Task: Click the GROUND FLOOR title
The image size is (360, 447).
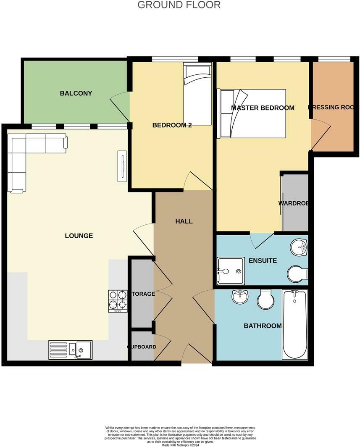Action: pyautogui.click(x=179, y=5)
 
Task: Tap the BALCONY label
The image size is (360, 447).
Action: pyautogui.click(x=76, y=93)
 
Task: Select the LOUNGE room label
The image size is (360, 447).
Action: pyautogui.click(x=79, y=236)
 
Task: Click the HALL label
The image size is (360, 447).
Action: pyautogui.click(x=184, y=221)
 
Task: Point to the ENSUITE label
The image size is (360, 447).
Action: pyautogui.click(x=263, y=261)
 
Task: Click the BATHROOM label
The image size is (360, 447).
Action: pyautogui.click(x=263, y=326)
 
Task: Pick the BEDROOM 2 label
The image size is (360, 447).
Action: pyautogui.click(x=172, y=125)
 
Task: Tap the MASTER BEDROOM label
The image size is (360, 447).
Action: pyautogui.click(x=263, y=108)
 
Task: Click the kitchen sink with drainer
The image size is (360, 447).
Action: pyautogui.click(x=71, y=350)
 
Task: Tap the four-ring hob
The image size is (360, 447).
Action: pyautogui.click(x=118, y=301)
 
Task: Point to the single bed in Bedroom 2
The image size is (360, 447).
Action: pyautogui.click(x=197, y=95)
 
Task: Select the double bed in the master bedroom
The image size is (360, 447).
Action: pyautogui.click(x=251, y=113)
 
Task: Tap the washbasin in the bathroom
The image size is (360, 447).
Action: pyautogui.click(x=240, y=297)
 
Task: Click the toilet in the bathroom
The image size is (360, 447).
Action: pyautogui.click(x=265, y=299)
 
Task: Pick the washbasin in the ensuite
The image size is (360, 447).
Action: pyautogui.click(x=299, y=247)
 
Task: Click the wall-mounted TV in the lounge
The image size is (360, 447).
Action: pyautogui.click(x=121, y=166)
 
